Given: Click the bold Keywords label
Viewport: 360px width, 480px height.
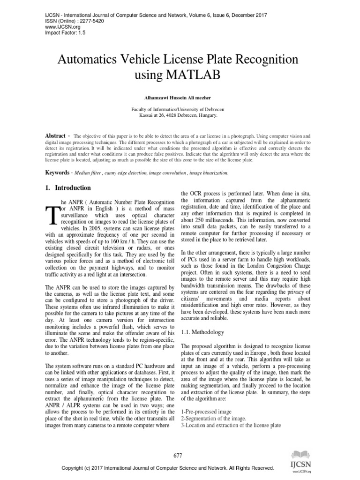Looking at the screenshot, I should pos(57,172).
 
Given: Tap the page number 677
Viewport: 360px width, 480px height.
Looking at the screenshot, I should pos(178,455).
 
